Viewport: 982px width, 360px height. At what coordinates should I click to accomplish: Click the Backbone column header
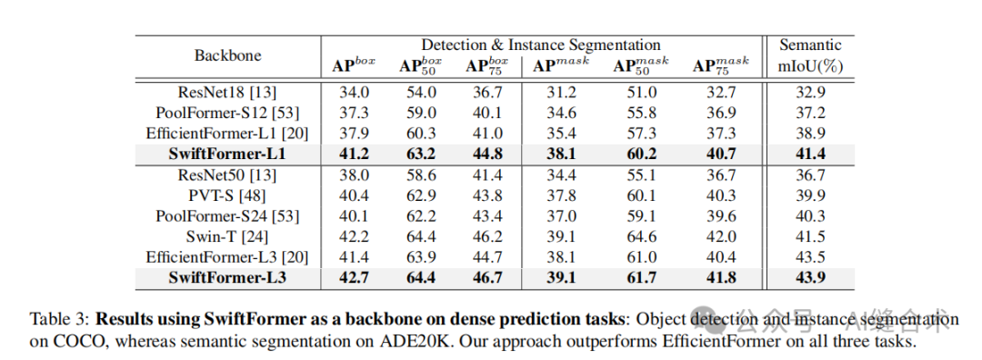point(227,55)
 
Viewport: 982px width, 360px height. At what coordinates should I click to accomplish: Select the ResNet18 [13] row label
point(227,92)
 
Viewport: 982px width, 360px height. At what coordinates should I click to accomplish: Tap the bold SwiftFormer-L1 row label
point(227,154)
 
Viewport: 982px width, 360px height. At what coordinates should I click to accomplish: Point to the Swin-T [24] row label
point(227,237)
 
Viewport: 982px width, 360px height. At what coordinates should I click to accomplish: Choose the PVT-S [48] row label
point(227,195)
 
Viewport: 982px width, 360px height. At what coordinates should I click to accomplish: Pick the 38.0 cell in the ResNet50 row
point(355,175)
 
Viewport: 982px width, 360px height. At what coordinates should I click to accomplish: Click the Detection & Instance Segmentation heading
point(540,45)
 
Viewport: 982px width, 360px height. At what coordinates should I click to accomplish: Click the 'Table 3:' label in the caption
point(59,319)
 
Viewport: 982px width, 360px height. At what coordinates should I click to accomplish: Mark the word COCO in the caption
point(75,343)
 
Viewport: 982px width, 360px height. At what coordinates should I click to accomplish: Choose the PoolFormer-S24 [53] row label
point(227,216)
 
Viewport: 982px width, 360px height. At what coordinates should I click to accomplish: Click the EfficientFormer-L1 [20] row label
point(227,133)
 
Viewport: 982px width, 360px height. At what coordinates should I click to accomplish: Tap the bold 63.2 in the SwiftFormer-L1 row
point(421,154)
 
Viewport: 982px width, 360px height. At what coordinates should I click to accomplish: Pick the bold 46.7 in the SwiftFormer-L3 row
point(488,278)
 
